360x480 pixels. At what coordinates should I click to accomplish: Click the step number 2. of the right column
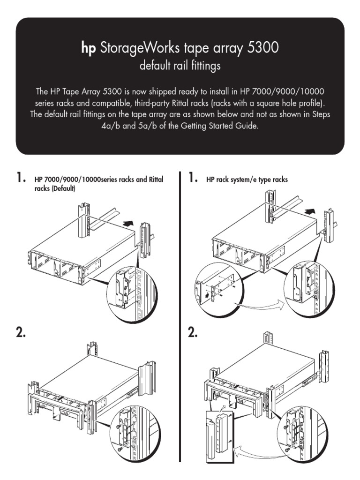click(x=193, y=333)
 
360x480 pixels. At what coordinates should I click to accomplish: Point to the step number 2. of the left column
click(x=21, y=333)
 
